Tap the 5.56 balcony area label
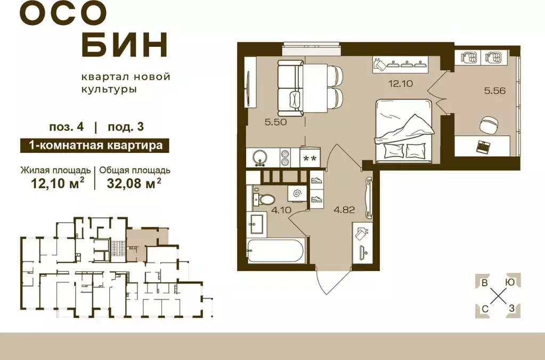point(494,91)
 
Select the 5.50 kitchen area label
point(276,122)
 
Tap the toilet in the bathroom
point(263,198)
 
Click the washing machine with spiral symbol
point(297,192)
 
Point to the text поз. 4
point(67,127)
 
